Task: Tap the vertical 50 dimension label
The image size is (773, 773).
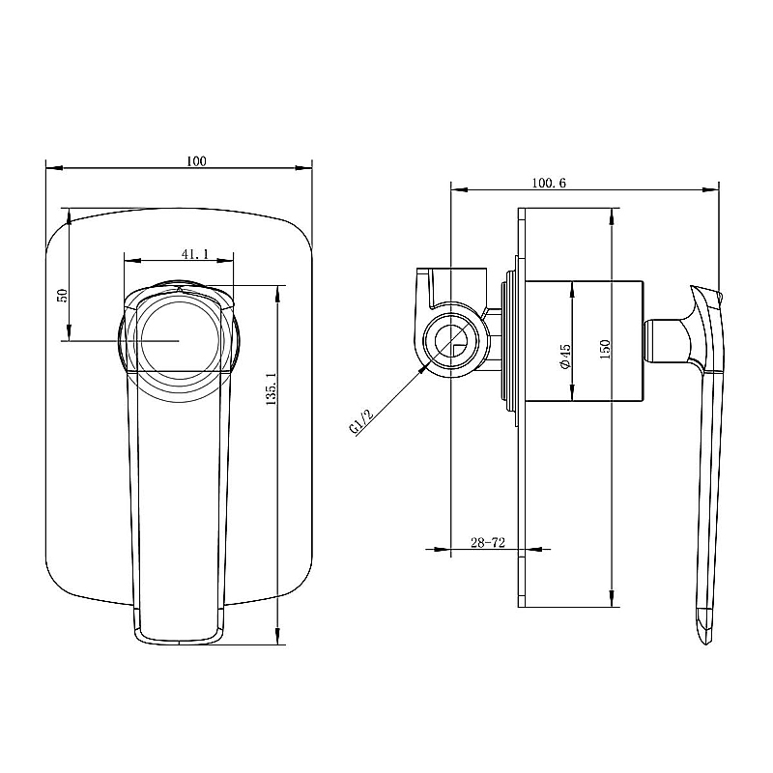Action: (x=61, y=296)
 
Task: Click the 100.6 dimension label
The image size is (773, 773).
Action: (x=549, y=182)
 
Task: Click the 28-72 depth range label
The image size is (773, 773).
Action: (x=489, y=544)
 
